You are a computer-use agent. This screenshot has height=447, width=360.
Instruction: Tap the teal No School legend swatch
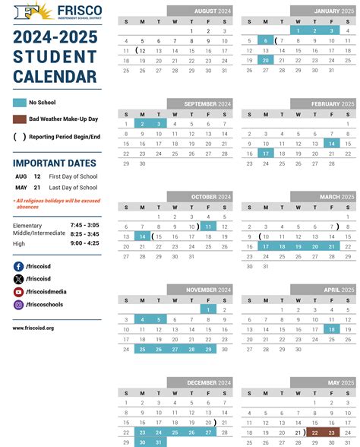[20, 102]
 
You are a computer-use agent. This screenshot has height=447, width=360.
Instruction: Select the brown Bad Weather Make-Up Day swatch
[20, 119]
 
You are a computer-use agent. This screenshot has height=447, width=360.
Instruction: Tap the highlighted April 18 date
[331, 329]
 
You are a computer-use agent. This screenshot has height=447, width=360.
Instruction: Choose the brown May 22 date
[315, 432]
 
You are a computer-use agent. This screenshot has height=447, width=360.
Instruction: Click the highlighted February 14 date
[331, 143]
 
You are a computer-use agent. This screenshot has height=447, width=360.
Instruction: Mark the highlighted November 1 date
[208, 309]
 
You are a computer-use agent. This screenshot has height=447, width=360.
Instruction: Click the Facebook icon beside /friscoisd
[18, 267]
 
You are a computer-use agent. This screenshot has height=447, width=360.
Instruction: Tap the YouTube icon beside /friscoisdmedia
[18, 292]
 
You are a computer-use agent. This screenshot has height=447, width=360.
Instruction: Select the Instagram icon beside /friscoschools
[18, 305]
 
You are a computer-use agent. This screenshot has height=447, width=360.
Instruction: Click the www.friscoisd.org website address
[33, 328]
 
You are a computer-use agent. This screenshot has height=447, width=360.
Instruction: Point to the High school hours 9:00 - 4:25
[84, 243]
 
